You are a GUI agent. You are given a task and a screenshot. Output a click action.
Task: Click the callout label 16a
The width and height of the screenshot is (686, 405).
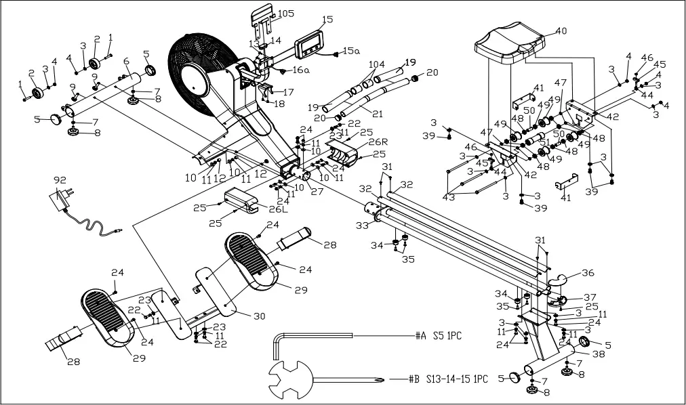(x=301, y=70)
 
